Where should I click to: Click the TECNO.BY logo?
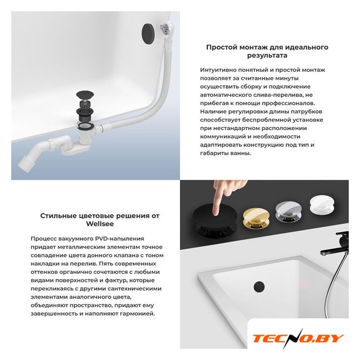pyautogui.click(x=298, y=339)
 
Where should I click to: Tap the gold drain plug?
pyautogui.click(x=256, y=218)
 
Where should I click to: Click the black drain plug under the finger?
pyautogui.click(x=215, y=219)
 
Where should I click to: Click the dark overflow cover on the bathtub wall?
pyautogui.click(x=148, y=33)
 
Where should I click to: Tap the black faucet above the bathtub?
pyautogui.click(x=336, y=244)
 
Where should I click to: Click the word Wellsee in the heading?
pyautogui.click(x=100, y=224)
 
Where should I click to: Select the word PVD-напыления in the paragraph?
pyautogui.click(x=119, y=238)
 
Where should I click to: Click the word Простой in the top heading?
pyautogui.click(x=222, y=47)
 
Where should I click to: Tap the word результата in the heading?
pyautogui.click(x=267, y=56)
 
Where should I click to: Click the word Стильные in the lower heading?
pyautogui.click(x=55, y=215)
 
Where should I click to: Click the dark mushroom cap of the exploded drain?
pyautogui.click(x=85, y=94)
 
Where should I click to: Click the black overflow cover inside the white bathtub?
pyautogui.click(x=259, y=286)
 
